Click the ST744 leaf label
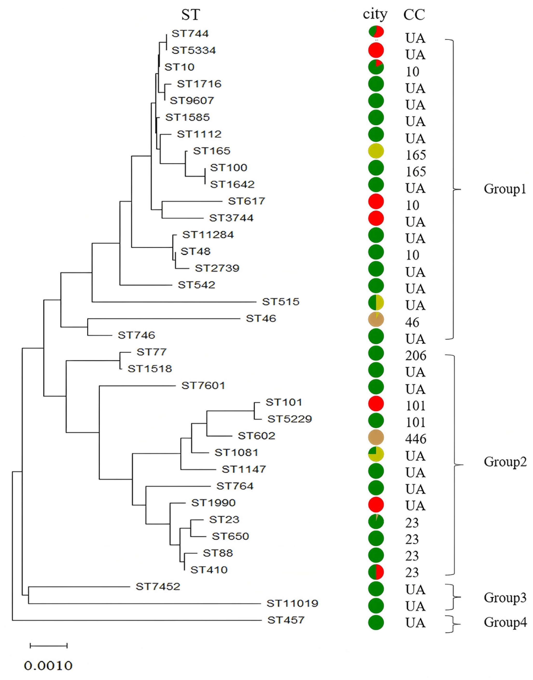pyautogui.click(x=190, y=33)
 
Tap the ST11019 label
pyautogui.click(x=292, y=603)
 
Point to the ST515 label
pyautogui.click(x=281, y=301)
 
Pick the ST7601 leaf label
pyautogui.click(x=203, y=386)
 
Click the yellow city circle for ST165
pyautogui.click(x=376, y=151)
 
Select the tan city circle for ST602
pyautogui.click(x=376, y=437)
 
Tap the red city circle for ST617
pyautogui.click(x=376, y=201)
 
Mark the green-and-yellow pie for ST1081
pyautogui.click(x=376, y=454)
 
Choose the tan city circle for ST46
pyautogui.click(x=376, y=319)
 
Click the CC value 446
pyautogui.click(x=416, y=439)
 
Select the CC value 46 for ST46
pyautogui.click(x=412, y=322)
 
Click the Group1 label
pyautogui.click(x=505, y=189)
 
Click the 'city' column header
pyautogui.click(x=375, y=14)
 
